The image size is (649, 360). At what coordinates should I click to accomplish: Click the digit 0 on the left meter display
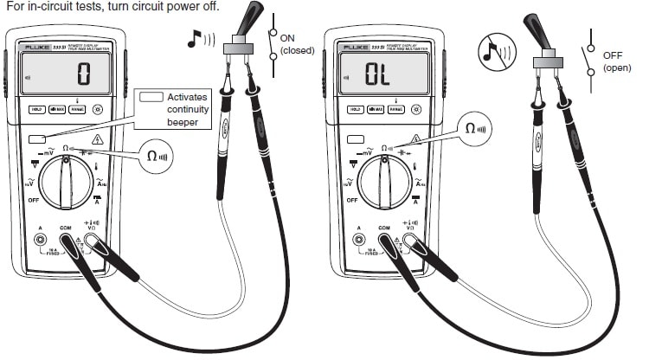coord(83,74)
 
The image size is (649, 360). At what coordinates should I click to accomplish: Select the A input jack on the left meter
coord(40,238)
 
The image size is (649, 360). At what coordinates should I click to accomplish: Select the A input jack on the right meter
coord(360,238)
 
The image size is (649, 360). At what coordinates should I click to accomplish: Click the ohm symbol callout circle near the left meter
coord(159,157)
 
